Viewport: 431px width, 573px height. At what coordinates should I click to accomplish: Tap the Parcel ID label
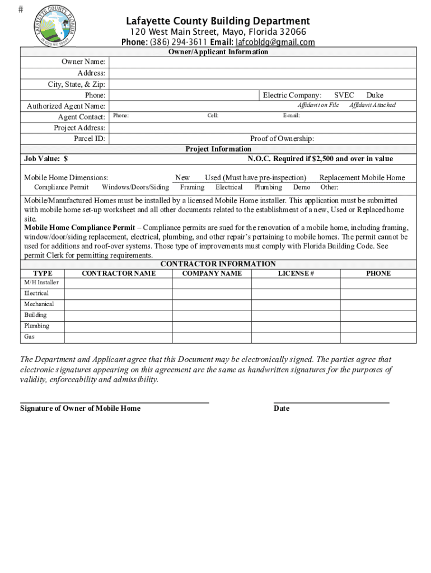(90, 139)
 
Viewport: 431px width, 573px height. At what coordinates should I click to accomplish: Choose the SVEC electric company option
(344, 95)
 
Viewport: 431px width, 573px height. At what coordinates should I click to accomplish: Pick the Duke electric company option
(374, 95)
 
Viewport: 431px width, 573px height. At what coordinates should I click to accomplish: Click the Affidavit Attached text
(372, 105)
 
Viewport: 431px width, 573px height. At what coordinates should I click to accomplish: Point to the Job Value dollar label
(46, 159)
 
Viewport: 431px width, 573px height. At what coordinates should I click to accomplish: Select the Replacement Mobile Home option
(362, 177)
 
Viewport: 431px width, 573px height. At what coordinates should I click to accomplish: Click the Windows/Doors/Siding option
(135, 187)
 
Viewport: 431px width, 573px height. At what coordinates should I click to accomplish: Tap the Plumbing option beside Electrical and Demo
(268, 187)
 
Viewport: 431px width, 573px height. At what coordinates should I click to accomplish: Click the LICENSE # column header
(296, 273)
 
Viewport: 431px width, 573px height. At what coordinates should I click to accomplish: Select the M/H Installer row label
(41, 283)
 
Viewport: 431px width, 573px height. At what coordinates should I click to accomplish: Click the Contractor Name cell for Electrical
(118, 294)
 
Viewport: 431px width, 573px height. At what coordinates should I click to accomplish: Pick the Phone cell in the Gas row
(378, 337)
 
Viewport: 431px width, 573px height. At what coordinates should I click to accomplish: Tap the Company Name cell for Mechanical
(212, 304)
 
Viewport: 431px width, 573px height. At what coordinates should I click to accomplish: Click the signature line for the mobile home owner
(114, 401)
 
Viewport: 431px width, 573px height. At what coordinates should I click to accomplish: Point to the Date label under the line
(282, 408)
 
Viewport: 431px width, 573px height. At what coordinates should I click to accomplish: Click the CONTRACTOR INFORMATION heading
(218, 264)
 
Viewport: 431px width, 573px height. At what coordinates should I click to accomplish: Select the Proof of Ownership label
(282, 139)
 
